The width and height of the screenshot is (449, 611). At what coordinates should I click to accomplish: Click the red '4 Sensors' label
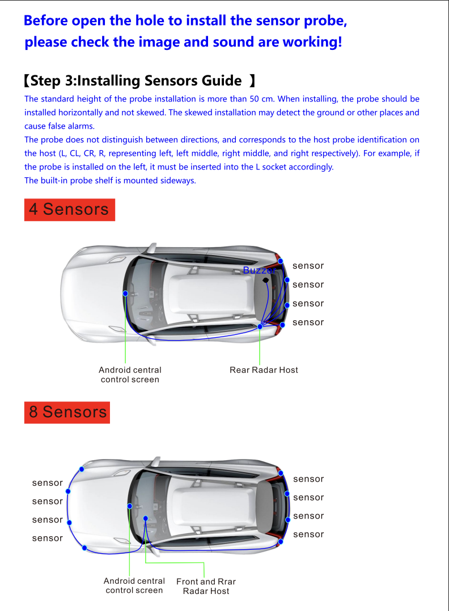69,209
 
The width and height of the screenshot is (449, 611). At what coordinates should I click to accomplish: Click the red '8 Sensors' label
67,412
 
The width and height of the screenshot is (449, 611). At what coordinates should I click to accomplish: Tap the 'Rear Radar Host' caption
264,370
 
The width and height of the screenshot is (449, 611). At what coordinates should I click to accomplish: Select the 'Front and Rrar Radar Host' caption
206,586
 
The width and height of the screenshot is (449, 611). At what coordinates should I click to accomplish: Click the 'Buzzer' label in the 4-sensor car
259,270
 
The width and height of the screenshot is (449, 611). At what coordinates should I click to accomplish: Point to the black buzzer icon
265,280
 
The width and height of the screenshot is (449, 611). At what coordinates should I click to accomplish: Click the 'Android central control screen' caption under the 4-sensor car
130,375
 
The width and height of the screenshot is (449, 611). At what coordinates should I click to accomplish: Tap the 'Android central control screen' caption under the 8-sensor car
134,585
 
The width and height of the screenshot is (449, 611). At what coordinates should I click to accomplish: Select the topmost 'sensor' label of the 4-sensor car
308,266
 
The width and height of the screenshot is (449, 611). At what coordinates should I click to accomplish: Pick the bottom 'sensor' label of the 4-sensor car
308,323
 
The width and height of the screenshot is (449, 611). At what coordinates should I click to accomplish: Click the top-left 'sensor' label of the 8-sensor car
47,483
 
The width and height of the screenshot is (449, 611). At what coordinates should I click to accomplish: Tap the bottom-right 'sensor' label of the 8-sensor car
308,534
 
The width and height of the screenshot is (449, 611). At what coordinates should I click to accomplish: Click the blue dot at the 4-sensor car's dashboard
125,293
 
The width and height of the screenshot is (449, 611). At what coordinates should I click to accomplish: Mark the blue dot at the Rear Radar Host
260,326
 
